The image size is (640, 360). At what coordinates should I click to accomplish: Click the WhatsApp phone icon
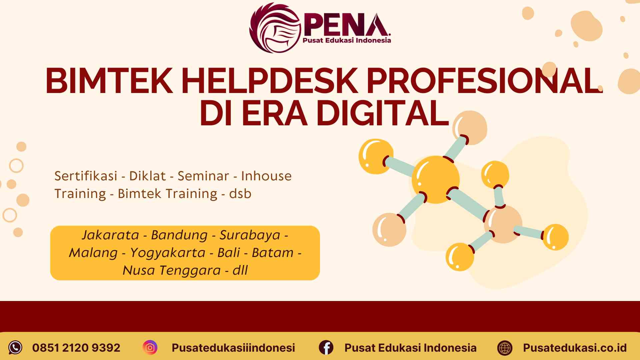[15, 348]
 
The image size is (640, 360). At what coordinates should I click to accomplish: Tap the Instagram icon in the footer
[150, 348]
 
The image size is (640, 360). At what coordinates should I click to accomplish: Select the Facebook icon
[326, 348]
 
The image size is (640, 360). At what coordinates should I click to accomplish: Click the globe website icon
[505, 348]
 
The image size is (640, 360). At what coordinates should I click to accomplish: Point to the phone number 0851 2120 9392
[76, 348]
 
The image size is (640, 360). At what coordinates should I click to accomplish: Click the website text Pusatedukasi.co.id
[575, 348]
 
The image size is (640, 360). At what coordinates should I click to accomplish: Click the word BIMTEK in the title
[109, 81]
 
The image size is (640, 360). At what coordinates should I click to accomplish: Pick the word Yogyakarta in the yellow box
[167, 253]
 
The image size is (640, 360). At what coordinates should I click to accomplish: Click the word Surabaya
[250, 235]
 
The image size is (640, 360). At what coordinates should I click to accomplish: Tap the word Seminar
[203, 176]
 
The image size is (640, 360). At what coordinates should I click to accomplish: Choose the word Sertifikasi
[86, 176]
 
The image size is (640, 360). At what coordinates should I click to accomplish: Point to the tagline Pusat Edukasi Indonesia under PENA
[346, 41]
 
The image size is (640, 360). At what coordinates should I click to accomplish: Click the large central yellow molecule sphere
[436, 179]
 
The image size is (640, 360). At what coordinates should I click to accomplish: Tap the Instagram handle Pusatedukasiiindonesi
[233, 348]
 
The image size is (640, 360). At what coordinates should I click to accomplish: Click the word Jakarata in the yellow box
[110, 235]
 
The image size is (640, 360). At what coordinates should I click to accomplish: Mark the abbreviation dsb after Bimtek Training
[240, 194]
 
